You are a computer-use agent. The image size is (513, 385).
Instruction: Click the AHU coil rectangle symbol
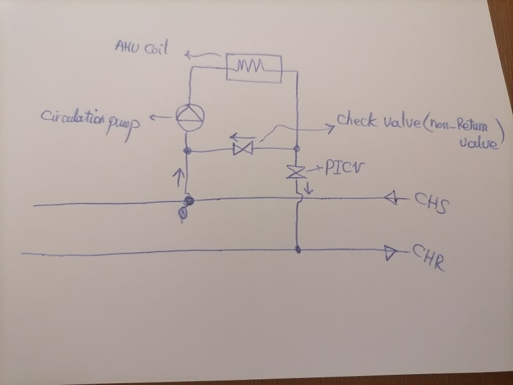[255, 66]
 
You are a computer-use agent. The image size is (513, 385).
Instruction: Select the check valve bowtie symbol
[243, 150]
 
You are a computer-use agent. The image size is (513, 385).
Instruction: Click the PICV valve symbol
[296, 172]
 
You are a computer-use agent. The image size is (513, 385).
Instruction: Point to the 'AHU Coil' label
[140, 47]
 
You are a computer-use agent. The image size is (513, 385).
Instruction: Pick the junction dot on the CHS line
[188, 201]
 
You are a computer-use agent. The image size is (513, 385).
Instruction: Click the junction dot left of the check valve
[187, 151]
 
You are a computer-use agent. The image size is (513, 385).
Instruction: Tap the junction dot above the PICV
[297, 149]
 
